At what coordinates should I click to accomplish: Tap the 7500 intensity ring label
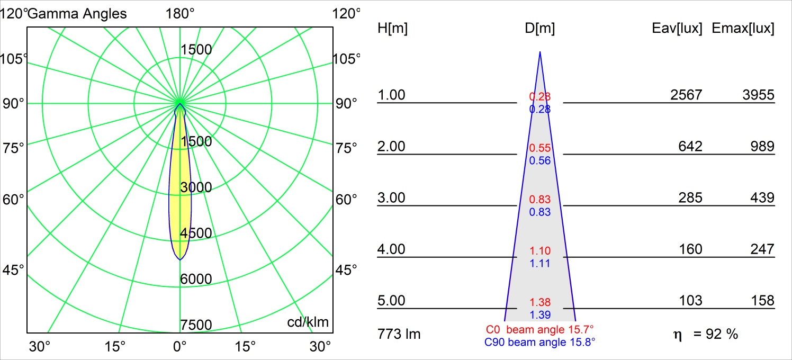[x=196, y=325]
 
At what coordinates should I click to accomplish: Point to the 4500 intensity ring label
[x=196, y=233]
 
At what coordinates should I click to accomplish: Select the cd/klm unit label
[x=308, y=322]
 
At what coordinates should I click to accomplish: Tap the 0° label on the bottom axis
[x=180, y=347]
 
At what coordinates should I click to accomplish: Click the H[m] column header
[x=392, y=29]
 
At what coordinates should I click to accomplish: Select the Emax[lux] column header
[x=743, y=29]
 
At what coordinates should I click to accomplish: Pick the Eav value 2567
[x=686, y=95]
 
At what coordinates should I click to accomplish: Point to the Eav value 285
[x=690, y=198]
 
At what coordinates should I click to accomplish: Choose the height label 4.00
[x=391, y=249]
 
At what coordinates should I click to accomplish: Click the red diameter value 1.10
[x=540, y=251]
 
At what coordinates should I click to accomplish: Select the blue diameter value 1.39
[x=540, y=315]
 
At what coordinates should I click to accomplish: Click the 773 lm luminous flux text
[x=399, y=334]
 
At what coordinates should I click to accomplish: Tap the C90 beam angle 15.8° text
[x=540, y=343]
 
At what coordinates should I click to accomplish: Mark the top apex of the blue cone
[x=540, y=52]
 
